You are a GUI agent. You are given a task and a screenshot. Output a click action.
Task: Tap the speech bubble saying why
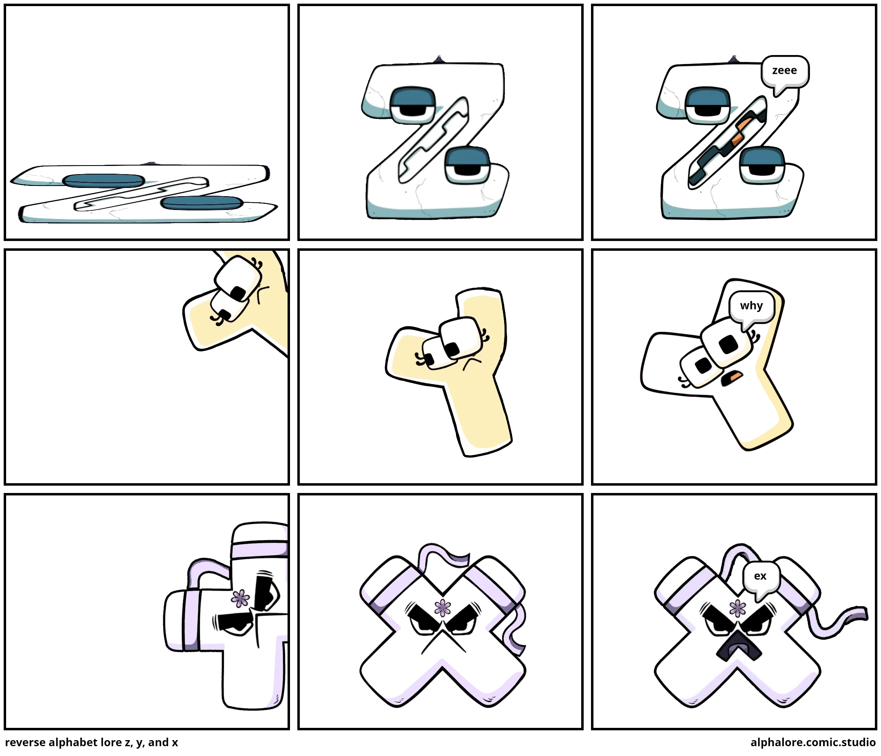pos(751,308)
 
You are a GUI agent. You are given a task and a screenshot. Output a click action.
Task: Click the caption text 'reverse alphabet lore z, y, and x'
pos(91,743)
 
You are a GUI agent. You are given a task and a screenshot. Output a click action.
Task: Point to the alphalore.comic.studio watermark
pos(812,743)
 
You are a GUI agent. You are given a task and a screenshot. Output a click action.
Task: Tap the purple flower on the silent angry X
pos(443,608)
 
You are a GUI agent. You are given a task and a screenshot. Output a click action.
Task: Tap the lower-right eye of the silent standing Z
pos(467,166)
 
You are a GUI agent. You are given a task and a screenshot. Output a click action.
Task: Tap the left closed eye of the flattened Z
pos(103,181)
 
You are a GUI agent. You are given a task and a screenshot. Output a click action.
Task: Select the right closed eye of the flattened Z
pos(201,203)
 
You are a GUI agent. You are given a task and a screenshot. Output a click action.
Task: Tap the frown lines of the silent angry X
pos(443,642)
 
